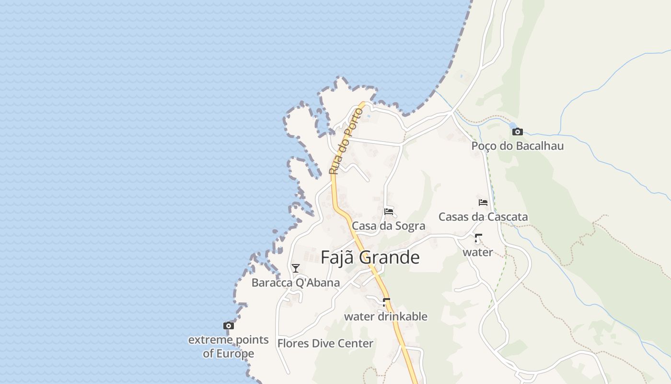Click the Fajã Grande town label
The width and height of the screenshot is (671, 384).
point(370,257)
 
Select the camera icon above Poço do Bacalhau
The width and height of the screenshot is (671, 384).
point(518,132)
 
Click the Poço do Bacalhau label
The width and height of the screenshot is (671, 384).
point(517,146)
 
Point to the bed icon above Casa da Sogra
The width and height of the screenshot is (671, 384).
point(389,211)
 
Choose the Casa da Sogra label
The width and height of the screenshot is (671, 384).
point(388,226)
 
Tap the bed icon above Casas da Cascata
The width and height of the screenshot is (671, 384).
point(483,203)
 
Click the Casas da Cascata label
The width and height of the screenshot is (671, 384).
point(483,217)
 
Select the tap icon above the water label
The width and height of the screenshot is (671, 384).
point(478,238)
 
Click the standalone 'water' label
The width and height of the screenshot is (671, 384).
point(478,252)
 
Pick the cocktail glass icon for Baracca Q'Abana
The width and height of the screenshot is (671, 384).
point(296,268)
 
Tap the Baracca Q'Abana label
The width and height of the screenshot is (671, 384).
point(296,283)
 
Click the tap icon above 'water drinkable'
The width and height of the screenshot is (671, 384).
point(386,302)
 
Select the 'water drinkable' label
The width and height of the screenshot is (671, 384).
point(386,317)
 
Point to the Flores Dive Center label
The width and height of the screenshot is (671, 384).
point(325,344)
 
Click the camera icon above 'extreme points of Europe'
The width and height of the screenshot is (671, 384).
point(229,326)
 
